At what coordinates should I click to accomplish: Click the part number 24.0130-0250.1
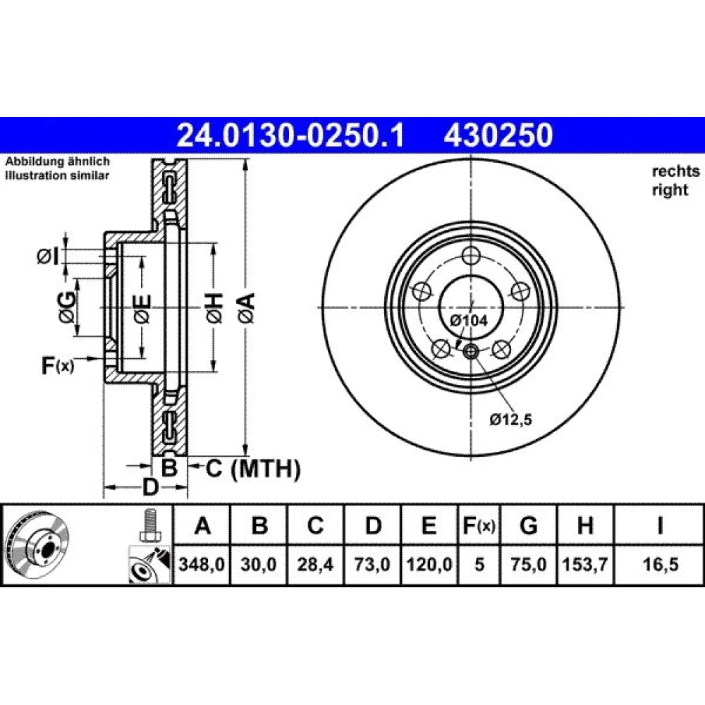[291, 135]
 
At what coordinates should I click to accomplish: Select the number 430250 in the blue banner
[498, 135]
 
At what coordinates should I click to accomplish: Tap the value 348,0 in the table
[202, 564]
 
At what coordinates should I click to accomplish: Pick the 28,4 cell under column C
[315, 564]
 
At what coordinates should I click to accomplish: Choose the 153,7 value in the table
[585, 564]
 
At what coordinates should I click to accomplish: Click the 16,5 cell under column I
[660, 564]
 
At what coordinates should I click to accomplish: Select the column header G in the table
[528, 525]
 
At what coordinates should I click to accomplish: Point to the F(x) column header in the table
[479, 525]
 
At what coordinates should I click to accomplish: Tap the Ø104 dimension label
[469, 321]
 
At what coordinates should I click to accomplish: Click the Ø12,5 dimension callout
[510, 419]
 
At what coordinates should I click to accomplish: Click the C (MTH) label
[253, 469]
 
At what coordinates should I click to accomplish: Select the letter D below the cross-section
[151, 487]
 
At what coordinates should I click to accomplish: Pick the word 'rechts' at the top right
[675, 171]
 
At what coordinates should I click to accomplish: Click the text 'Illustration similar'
[57, 176]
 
